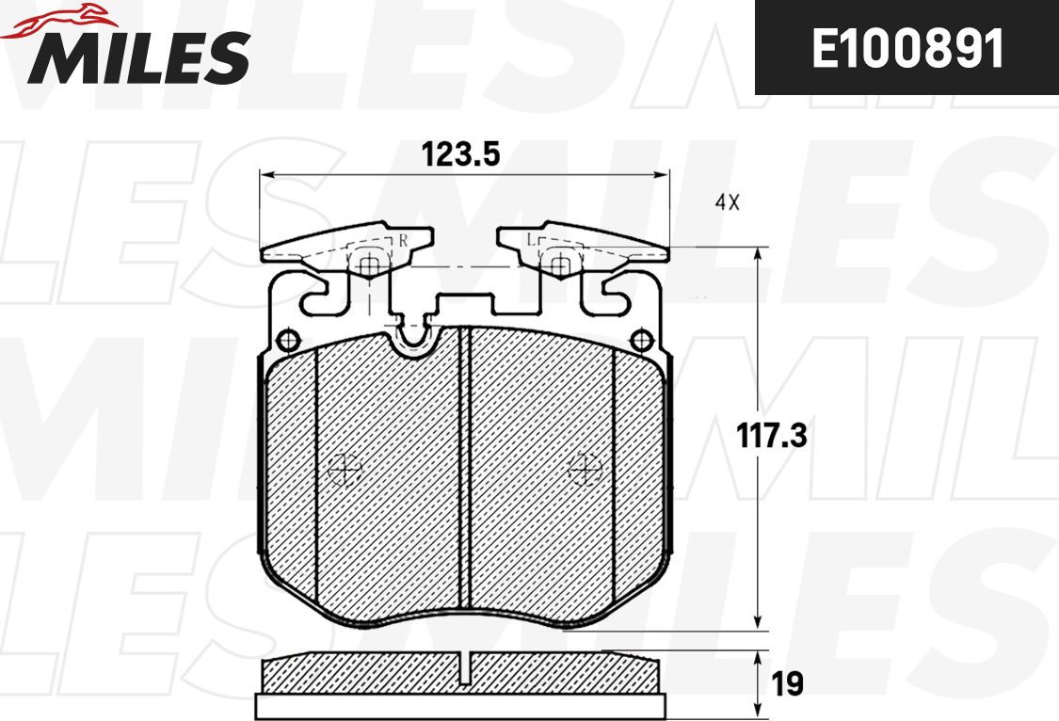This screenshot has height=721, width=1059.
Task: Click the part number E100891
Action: pos(907,49)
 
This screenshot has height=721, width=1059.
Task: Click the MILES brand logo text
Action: pos(138,56)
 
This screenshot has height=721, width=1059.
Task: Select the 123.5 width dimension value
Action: pos(460,154)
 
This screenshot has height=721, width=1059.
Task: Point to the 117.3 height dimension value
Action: pos(771,436)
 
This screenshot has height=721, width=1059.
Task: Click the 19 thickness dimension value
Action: pos(787,684)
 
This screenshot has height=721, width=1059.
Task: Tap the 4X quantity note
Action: pos(728,201)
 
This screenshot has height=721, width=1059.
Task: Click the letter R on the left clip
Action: pos(403,240)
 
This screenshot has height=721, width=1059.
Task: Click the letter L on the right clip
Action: pos(531,240)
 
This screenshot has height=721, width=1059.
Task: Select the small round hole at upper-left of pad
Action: pos(288,339)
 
